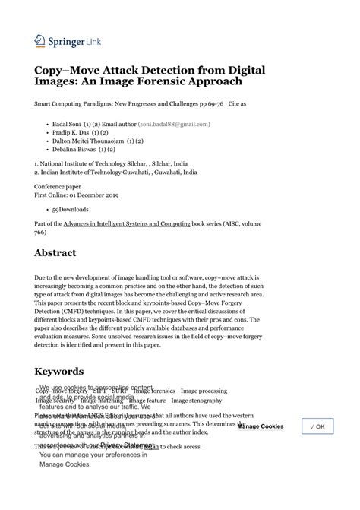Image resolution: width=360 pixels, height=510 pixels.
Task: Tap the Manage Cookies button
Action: pyautogui.click(x=261, y=426)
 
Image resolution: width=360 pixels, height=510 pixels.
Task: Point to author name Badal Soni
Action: pyautogui.click(x=69, y=123)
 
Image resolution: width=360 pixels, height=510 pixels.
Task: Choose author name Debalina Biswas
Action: pyautogui.click(x=77, y=150)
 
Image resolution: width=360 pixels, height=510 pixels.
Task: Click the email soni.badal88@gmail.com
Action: pyautogui.click(x=174, y=123)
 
